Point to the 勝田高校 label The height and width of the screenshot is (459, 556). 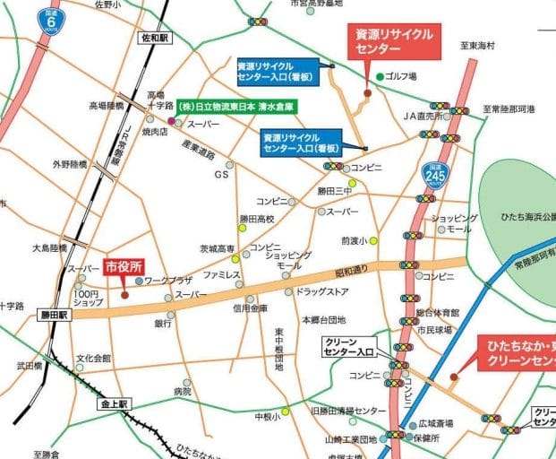pyautogui.click(x=256, y=219)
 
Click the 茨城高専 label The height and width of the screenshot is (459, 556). pyautogui.click(x=217, y=248)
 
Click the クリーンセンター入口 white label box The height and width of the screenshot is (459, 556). pyautogui.click(x=349, y=346)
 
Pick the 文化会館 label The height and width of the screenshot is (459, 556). pyautogui.click(x=93, y=359)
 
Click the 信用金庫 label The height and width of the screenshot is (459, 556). pyautogui.click(x=250, y=308)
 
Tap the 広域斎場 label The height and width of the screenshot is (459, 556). pyautogui.click(x=436, y=421)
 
